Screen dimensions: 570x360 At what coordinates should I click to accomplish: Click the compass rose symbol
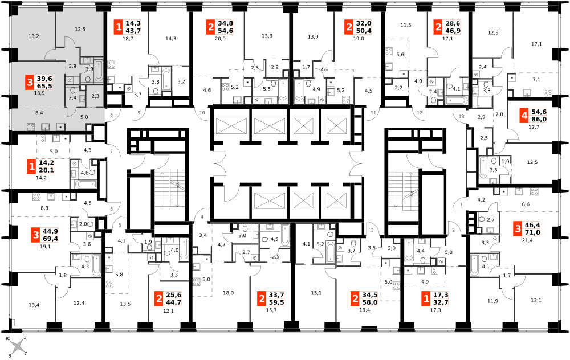click(18, 346)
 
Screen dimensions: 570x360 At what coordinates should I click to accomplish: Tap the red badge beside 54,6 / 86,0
click(524, 116)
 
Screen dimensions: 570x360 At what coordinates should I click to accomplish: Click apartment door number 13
click(461, 116)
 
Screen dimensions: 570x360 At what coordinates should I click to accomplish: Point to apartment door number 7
click(112, 151)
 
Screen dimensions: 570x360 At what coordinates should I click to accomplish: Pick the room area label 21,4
click(527, 240)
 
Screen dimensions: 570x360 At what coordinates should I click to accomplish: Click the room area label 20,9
click(220, 38)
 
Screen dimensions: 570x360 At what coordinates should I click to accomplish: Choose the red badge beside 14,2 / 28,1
click(31, 167)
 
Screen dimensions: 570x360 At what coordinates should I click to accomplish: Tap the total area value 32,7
click(441, 302)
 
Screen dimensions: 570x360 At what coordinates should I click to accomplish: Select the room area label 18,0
click(229, 293)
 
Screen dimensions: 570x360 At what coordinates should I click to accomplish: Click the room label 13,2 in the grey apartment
click(34, 36)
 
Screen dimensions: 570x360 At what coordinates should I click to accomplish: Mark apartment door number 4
click(202, 217)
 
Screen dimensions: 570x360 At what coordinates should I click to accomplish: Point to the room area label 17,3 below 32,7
click(435, 310)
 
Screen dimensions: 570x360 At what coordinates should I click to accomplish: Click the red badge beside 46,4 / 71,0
click(518, 228)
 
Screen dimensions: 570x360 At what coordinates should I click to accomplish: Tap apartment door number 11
click(373, 113)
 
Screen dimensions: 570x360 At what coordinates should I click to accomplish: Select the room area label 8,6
click(526, 204)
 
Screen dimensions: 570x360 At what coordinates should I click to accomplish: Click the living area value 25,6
click(174, 295)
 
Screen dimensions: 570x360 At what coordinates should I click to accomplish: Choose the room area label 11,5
click(406, 25)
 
